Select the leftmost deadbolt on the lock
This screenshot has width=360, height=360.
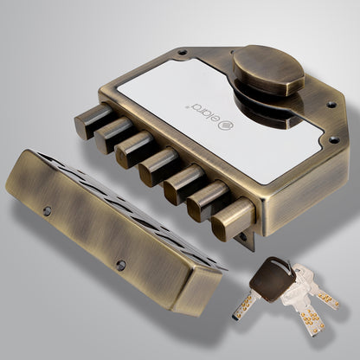point(88,121)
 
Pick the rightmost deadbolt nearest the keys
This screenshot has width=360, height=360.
point(230,219)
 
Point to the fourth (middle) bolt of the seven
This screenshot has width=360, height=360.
point(158,166)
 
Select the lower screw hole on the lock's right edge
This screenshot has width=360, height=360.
point(331,139)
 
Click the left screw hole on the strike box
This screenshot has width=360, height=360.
point(48,210)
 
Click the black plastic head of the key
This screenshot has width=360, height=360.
point(271,280)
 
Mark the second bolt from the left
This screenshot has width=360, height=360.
point(111,135)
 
